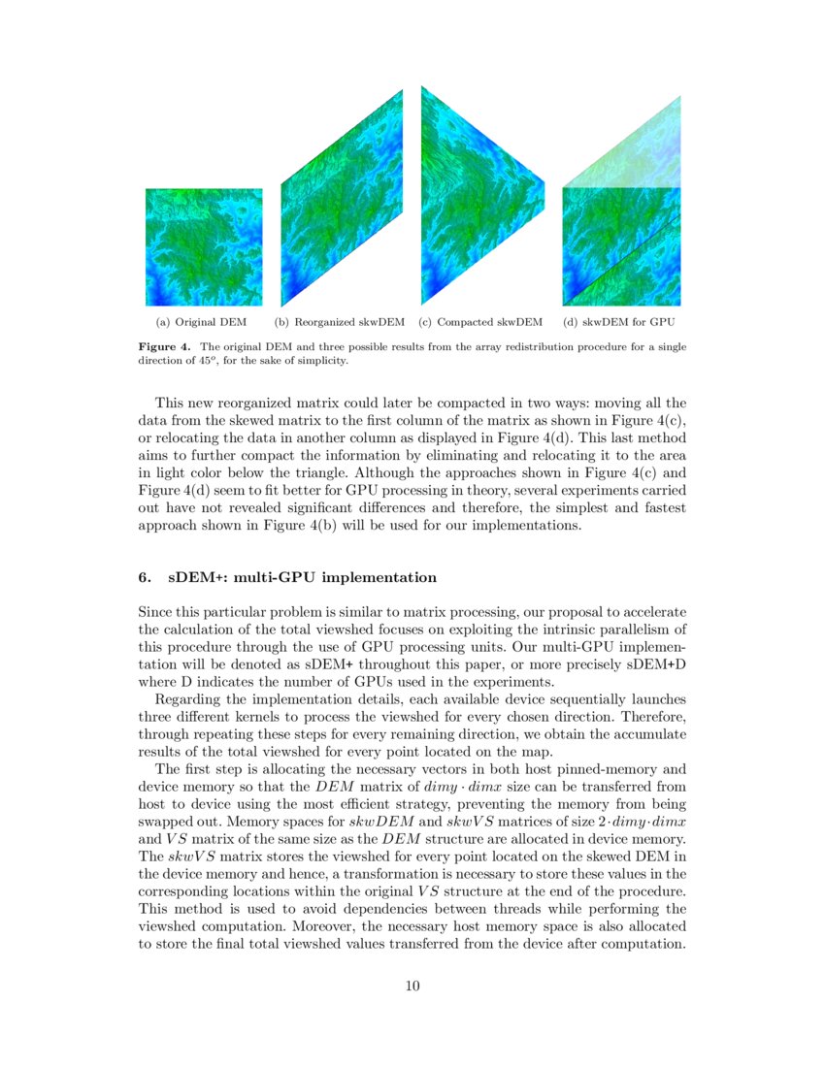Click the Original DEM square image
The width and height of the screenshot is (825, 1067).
(204, 247)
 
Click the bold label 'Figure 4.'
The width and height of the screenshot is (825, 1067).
(166, 346)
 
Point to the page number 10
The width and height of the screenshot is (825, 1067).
(412, 986)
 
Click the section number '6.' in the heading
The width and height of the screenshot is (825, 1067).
(146, 577)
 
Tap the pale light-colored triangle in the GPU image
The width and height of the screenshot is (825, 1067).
(641, 155)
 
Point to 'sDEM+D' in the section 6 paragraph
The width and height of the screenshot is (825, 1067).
(653, 664)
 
